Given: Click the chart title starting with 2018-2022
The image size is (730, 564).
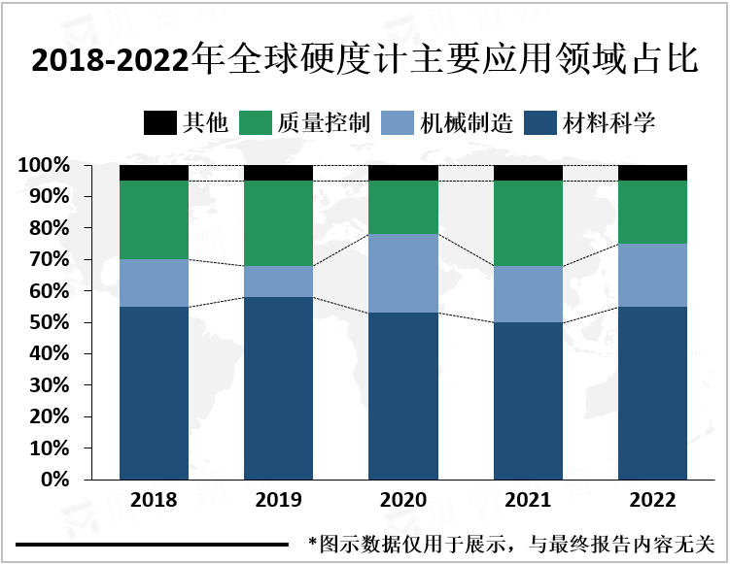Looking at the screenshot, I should point(365,60).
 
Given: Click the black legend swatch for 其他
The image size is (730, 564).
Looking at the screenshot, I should point(157,123).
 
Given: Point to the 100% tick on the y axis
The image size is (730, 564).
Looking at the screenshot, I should point(44,166).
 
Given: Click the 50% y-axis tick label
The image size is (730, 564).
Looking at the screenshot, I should point(49,322).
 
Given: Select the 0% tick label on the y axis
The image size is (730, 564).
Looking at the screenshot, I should point(53,480).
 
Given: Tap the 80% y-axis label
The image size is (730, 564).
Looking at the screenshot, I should point(49,228).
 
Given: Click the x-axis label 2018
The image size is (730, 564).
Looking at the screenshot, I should point(154,502).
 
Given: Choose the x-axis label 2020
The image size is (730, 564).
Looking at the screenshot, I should point(403,502).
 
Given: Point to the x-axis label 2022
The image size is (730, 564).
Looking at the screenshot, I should point(653,502).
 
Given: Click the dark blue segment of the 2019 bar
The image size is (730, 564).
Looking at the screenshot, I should point(278,388).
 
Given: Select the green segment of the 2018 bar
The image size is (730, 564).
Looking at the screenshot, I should point(154,220).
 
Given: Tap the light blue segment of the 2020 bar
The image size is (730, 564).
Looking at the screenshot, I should point(403,273).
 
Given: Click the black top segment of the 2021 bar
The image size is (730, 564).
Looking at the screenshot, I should point(528,173).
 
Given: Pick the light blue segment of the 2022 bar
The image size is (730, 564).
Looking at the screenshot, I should point(653,275).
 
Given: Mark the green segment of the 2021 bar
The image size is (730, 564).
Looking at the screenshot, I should point(528,223).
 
